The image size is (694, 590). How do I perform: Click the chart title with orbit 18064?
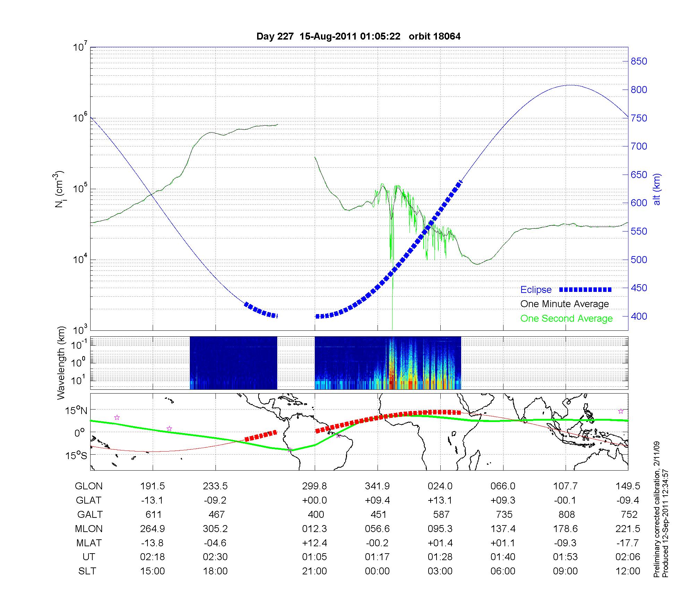358,36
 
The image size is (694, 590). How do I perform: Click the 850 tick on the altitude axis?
639,61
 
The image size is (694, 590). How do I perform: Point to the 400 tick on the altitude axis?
639,317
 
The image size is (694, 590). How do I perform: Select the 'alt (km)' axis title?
657,189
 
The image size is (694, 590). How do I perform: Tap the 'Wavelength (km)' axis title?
61,363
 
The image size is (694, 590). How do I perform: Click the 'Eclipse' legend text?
536,290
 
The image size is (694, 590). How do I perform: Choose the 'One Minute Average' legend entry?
565,304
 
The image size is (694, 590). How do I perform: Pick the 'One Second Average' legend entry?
566,319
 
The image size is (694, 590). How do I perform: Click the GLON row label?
88,486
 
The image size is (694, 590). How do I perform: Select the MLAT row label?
88,543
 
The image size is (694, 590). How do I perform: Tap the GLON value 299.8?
315,486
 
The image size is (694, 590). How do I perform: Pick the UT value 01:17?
377,557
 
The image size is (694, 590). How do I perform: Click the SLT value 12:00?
628,571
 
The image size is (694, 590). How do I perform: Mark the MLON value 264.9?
153,529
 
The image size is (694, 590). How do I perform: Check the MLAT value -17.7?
628,543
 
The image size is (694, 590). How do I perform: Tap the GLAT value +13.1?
440,500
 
